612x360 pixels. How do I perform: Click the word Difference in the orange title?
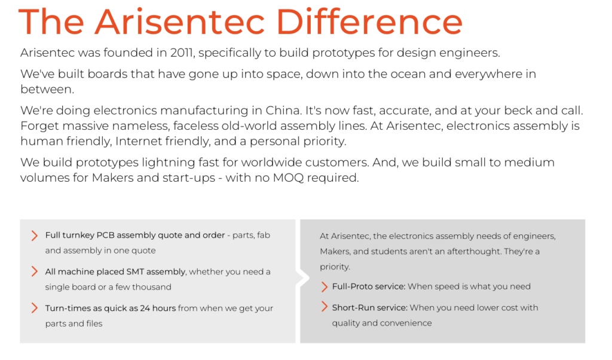click(369, 22)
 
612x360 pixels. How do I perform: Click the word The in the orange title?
click(51, 22)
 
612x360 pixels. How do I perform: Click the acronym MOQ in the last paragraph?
click(288, 178)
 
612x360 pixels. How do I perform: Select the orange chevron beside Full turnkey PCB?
click(34, 236)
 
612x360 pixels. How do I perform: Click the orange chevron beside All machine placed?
click(34, 271)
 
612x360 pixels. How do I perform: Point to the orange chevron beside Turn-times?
click(34, 308)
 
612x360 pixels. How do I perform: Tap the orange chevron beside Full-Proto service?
click(324, 286)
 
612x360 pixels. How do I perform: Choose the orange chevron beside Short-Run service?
click(324, 307)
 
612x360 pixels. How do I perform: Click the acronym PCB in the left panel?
click(105, 235)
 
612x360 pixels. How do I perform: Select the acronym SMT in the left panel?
click(135, 271)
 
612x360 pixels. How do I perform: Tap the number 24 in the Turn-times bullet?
click(145, 308)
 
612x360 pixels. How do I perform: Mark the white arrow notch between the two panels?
click(302, 279)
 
